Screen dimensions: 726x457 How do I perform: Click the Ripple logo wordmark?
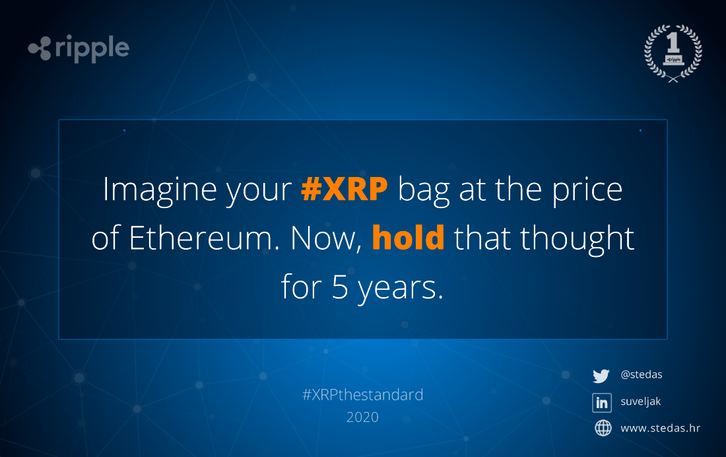(79, 48)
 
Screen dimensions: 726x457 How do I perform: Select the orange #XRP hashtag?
(345, 189)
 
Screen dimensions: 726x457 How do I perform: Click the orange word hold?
(408, 237)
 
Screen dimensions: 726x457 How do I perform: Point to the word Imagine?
(160, 190)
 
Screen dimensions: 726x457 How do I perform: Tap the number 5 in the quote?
(340, 287)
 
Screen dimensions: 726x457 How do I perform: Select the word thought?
(577, 238)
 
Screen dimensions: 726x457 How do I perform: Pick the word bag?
(424, 190)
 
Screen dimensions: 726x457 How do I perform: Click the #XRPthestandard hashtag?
(362, 395)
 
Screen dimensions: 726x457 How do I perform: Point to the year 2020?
(362, 417)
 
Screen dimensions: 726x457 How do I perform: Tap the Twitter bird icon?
(601, 376)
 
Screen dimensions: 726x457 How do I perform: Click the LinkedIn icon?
(602, 402)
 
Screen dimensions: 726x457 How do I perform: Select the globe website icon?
(603, 428)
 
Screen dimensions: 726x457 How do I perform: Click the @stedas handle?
(642, 374)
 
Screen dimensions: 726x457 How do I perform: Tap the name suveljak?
(640, 402)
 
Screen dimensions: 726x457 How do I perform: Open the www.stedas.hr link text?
(660, 428)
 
